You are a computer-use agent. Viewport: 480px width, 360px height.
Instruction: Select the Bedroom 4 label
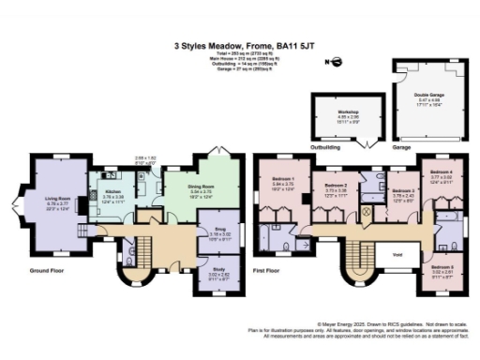tap(442, 172)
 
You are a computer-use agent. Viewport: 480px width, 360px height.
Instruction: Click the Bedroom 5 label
tap(442, 267)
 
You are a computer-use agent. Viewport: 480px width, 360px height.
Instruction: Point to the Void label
tap(397, 253)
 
